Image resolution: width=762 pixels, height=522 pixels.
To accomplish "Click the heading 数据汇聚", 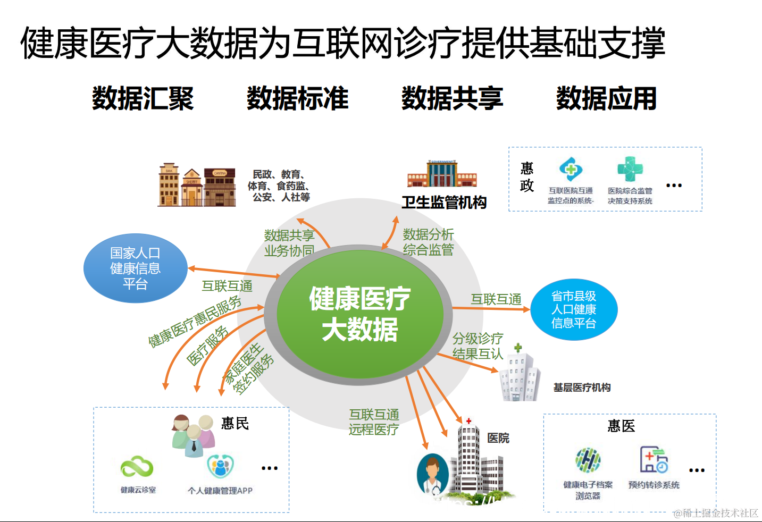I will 143,98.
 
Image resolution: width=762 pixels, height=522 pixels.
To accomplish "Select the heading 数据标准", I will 297,98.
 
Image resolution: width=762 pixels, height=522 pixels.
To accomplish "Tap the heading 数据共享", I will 452,98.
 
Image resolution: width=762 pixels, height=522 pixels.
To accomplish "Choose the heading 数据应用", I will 606,98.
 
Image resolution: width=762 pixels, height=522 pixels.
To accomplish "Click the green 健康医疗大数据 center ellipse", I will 360,314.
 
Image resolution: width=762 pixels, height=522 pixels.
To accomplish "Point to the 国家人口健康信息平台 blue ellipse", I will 135,268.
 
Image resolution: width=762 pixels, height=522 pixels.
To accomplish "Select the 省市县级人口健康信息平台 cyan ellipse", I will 574,310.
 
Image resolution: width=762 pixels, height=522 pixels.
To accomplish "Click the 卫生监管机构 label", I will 444,203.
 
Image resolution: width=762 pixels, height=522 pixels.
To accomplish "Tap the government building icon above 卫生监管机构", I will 442,174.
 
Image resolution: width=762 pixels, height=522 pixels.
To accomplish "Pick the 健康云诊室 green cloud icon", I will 137,467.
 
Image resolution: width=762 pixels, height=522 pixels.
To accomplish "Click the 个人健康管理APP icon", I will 220,467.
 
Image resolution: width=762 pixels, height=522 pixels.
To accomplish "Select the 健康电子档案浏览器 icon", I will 588,460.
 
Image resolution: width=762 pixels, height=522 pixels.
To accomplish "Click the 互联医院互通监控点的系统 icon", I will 571,170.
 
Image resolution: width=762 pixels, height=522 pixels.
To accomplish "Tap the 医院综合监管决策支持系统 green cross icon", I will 630,170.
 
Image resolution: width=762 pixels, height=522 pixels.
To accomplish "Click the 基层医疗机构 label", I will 582,388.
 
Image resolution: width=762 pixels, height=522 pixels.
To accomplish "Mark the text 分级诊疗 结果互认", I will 478,346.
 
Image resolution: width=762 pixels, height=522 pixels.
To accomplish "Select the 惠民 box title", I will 235,423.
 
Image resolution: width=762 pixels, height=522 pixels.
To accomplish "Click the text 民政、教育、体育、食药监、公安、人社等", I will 279,186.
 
